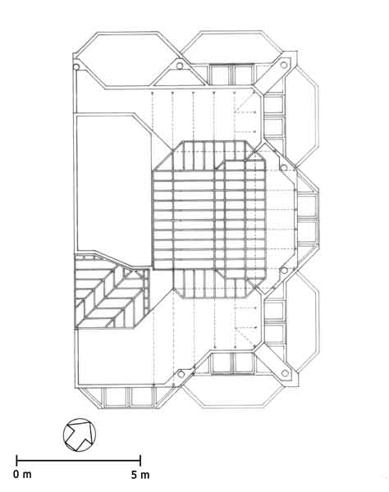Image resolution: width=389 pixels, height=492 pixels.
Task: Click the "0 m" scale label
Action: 22,475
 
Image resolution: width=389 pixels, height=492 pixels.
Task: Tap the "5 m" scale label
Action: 140,475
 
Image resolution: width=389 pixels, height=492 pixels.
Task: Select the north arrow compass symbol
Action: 80,435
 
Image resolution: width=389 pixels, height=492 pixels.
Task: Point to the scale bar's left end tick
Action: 16,461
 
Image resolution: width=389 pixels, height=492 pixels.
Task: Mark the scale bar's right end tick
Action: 140,461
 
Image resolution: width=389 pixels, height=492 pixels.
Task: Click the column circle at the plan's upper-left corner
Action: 76,67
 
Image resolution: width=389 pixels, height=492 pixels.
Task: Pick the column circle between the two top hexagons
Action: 180,66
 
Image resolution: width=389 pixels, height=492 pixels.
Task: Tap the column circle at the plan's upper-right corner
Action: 283,65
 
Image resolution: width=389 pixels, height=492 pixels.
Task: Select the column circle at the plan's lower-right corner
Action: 285,373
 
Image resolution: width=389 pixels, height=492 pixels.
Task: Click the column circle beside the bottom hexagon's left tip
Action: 181,374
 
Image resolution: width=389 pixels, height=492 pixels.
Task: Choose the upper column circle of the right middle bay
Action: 283,168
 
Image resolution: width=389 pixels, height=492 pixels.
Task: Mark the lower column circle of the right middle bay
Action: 284,270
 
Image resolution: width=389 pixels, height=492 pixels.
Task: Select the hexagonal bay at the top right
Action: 231,47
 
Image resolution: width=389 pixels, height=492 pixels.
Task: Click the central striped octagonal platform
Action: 208,219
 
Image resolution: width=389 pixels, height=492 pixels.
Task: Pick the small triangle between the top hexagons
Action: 179,77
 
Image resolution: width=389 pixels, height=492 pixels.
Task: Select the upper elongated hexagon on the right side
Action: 301,116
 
